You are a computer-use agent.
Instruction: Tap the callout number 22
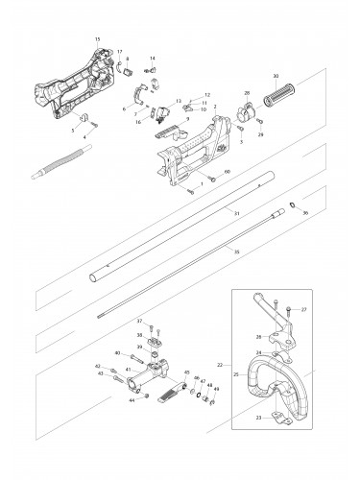[219, 365]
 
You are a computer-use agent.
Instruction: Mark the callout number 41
[129, 370]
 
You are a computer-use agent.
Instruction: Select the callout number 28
[247, 93]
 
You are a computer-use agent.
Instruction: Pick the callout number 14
[152, 60]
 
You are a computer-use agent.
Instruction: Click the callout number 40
[118, 353]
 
